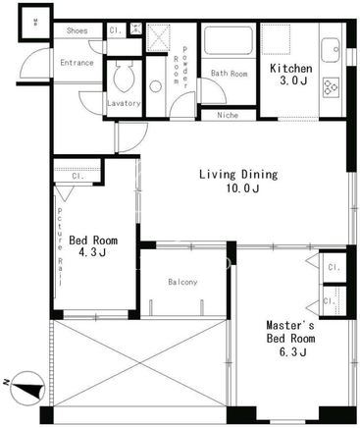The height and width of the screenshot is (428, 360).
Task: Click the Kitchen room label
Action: tap(290, 69)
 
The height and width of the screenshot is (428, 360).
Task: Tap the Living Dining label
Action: tap(238, 174)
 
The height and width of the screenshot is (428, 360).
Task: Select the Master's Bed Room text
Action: tap(290, 332)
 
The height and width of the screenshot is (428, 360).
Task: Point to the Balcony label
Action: tap(182, 282)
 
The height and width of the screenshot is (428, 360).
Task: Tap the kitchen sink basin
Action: tap(331, 50)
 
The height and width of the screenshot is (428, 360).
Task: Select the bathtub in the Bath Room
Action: tap(229, 41)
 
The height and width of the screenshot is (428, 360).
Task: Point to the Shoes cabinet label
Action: tap(77, 30)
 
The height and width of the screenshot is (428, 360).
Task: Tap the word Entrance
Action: tap(77, 63)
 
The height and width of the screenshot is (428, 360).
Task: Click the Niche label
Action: tap(228, 115)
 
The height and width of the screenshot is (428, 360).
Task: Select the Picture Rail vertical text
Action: tap(60, 246)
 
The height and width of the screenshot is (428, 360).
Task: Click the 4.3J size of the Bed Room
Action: tap(93, 252)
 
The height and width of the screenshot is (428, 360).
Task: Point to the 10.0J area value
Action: tap(242, 188)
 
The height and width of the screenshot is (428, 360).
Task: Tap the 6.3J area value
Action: tap(293, 352)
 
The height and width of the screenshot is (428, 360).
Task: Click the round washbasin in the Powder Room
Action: tap(155, 86)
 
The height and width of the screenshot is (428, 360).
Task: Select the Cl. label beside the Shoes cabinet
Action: tap(116, 30)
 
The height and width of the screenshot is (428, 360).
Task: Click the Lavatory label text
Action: tap(124, 103)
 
